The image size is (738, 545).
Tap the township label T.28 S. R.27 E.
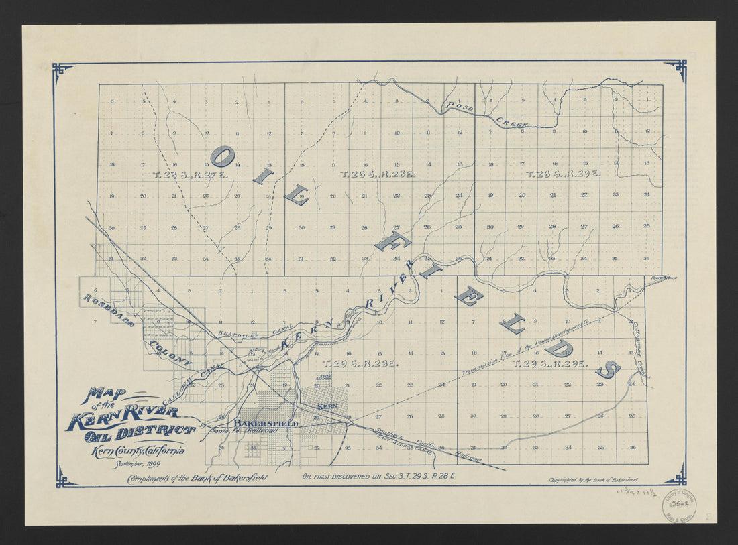pos(190,174)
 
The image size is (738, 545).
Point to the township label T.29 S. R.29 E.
pos(550,363)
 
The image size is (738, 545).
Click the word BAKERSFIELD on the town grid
pos(266,424)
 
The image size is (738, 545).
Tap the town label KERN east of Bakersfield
pos(327,407)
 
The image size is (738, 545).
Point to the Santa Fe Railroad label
pos(244,432)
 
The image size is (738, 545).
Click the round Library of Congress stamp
pos(679,504)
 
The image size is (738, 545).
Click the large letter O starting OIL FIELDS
pos(222,156)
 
